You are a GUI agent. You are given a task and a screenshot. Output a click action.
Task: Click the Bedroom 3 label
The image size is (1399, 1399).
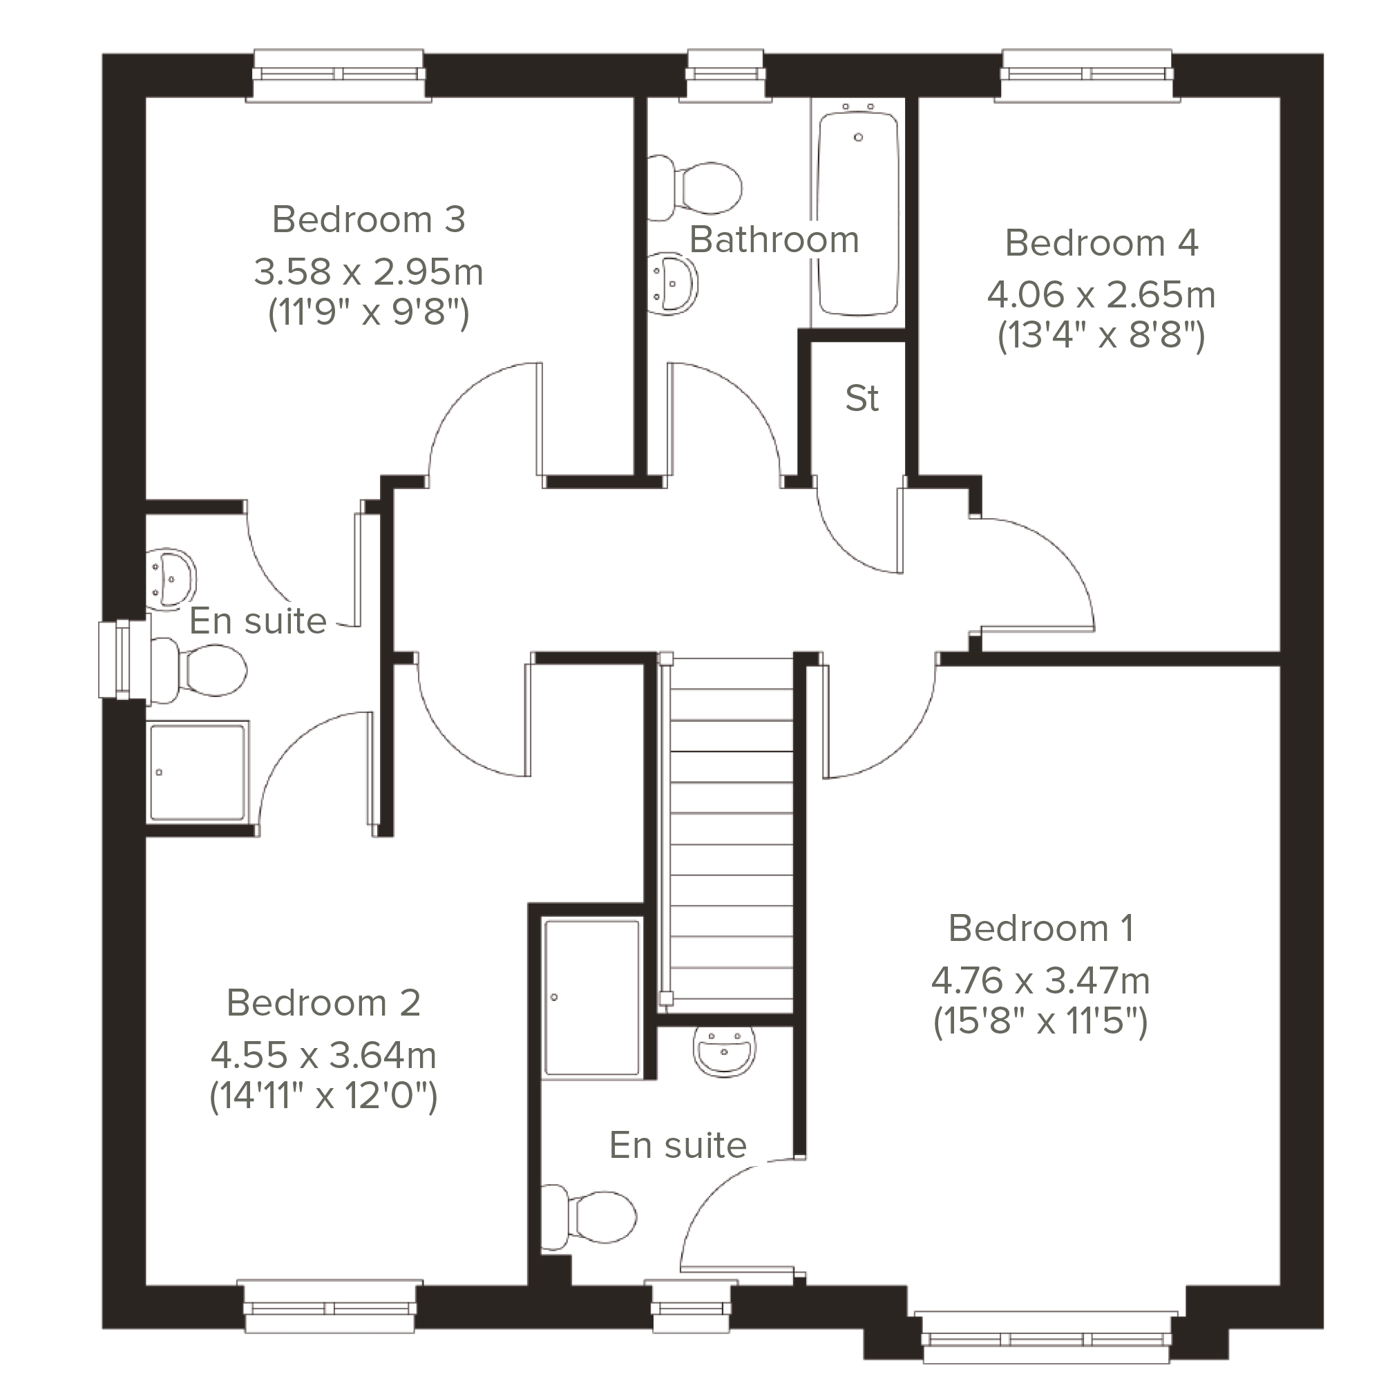click(x=369, y=220)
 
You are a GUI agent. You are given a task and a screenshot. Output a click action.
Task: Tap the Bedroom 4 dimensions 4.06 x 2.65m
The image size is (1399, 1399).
click(x=1101, y=295)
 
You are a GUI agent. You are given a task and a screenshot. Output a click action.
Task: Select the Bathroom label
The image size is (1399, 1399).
click(x=774, y=240)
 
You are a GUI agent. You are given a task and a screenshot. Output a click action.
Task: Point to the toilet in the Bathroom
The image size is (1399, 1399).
click(x=695, y=187)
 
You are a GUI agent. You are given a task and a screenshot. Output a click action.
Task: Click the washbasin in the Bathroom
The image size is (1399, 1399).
click(x=673, y=283)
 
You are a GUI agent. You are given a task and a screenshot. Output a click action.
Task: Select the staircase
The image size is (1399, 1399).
click(x=727, y=833)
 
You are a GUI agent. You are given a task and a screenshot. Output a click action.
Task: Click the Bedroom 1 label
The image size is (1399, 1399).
click(x=1040, y=929)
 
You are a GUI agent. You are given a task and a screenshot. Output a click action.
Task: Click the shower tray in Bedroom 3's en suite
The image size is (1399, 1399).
click(x=198, y=772)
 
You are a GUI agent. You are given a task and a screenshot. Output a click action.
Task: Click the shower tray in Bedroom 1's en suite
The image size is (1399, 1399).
click(x=592, y=997)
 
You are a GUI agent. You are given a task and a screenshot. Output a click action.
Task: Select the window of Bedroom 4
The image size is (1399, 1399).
click(x=1087, y=75)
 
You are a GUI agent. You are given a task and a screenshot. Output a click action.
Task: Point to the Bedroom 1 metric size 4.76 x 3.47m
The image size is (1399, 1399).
click(x=1040, y=981)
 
